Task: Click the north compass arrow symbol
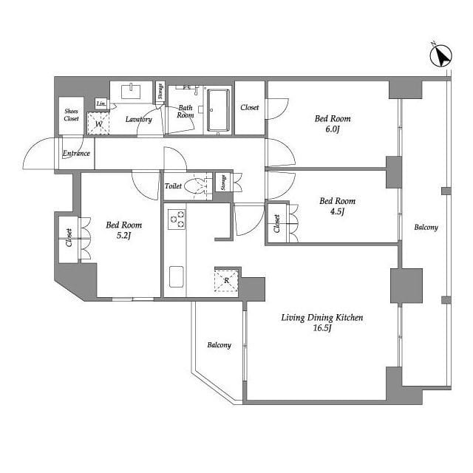pyautogui.click(x=440, y=55)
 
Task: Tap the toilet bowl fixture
pyautogui.click(x=195, y=186)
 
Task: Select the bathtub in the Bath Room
pyautogui.click(x=218, y=110)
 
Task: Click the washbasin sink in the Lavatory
pyautogui.click(x=131, y=91)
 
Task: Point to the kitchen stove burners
pyautogui.click(x=177, y=219)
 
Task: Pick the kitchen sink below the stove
pyautogui.click(x=177, y=276)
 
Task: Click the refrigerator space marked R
pyautogui.click(x=226, y=281)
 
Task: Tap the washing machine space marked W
pyautogui.click(x=98, y=123)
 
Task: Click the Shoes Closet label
pyautogui.click(x=72, y=115)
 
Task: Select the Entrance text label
pyautogui.click(x=76, y=153)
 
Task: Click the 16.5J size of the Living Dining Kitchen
pyautogui.click(x=322, y=328)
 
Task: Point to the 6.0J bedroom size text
pyautogui.click(x=333, y=129)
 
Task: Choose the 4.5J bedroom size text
pyautogui.click(x=337, y=211)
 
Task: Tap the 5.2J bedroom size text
pyautogui.click(x=123, y=236)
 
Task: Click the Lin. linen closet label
pyautogui.click(x=101, y=103)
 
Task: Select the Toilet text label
pyautogui.click(x=173, y=186)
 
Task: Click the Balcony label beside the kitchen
pyautogui.click(x=220, y=345)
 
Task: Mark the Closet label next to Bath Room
pyautogui.click(x=250, y=107)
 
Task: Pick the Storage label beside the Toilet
pyautogui.click(x=223, y=183)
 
